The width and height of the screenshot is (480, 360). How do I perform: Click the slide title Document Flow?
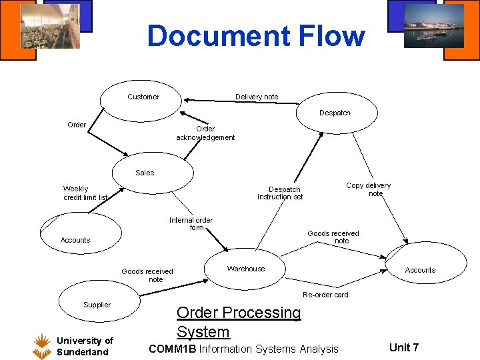[256, 36]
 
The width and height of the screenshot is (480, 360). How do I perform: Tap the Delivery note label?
[257, 97]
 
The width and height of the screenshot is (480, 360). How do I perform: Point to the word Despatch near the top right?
[335, 113]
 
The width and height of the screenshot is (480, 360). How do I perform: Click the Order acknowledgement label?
[205, 133]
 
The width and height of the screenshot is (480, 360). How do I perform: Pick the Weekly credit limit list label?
[85, 193]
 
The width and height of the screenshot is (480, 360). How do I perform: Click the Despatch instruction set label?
[280, 193]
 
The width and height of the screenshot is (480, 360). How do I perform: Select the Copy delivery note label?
[369, 189]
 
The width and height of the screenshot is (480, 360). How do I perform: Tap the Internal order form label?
[191, 223]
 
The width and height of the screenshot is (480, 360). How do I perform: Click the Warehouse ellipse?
[245, 269]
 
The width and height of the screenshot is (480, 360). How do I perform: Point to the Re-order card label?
[325, 295]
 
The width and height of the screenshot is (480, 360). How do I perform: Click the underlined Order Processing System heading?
[239, 322]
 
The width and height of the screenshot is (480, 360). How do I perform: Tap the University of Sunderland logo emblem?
[43, 345]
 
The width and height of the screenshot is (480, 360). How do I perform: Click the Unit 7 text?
[404, 347]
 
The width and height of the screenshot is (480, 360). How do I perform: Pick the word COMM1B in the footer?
[172, 349]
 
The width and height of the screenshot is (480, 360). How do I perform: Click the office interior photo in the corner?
[50, 26]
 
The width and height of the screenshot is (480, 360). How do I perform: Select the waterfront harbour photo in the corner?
[433, 26]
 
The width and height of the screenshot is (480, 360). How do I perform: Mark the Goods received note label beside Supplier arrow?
[147, 275]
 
